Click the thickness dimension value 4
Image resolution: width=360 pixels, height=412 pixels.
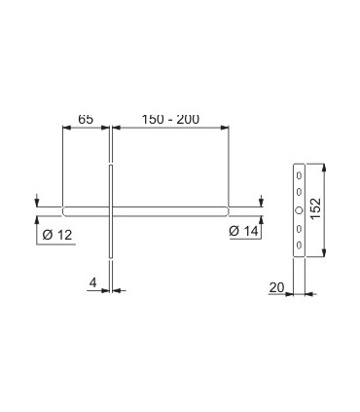(92, 282)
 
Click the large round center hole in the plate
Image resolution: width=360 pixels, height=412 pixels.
(300, 211)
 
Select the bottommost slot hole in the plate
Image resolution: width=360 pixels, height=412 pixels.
(300, 244)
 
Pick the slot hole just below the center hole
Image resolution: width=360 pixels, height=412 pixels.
(300, 229)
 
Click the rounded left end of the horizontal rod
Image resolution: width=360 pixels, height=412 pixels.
(65, 209)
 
